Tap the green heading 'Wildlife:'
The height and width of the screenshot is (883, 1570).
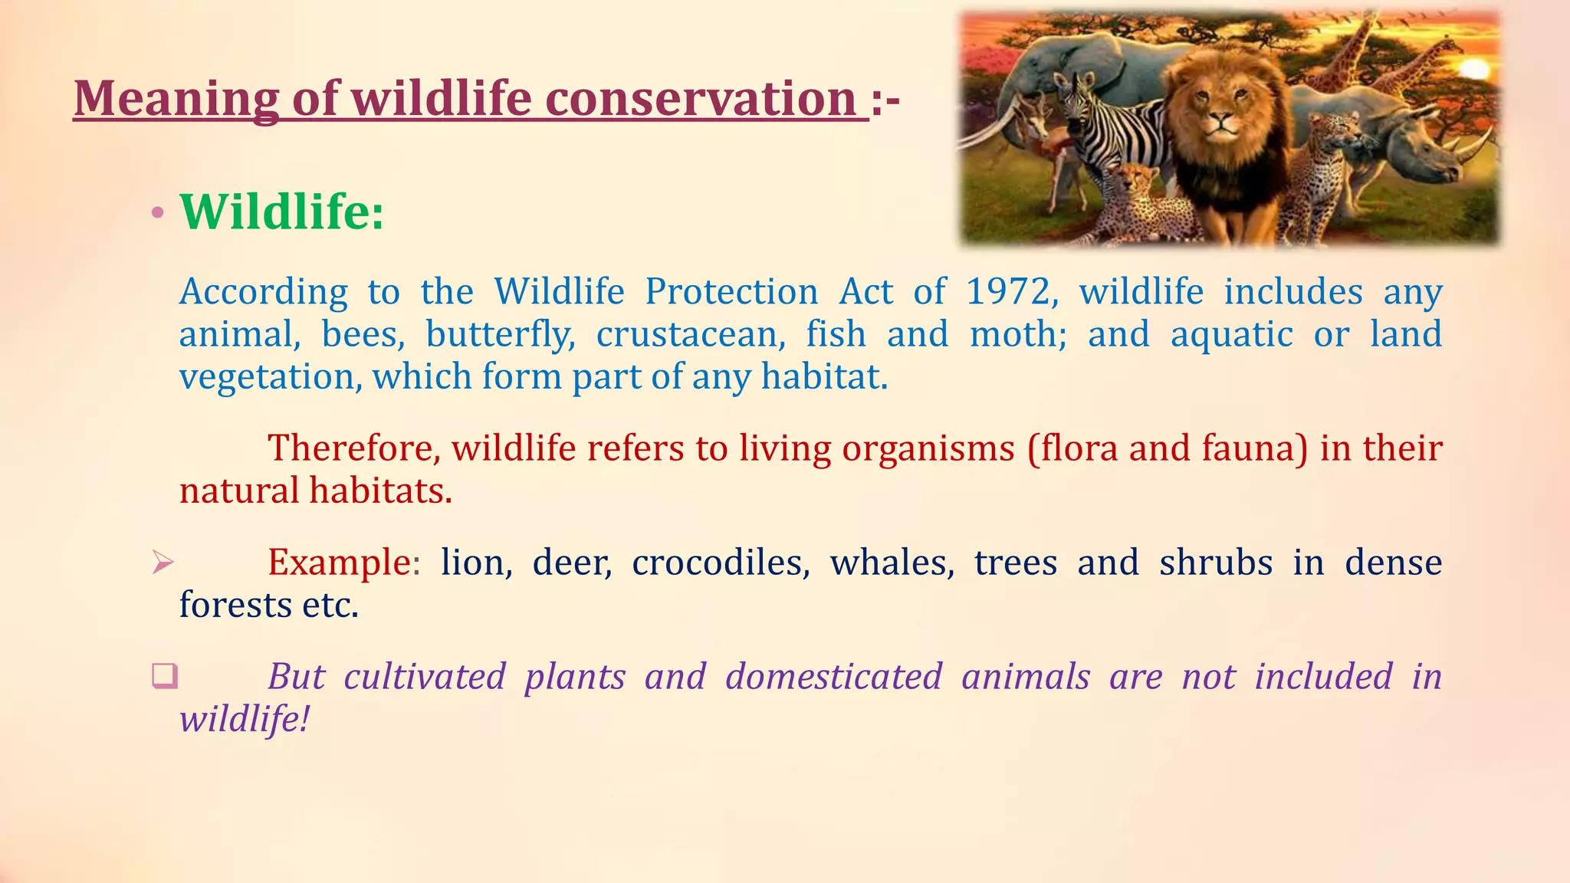[281, 212]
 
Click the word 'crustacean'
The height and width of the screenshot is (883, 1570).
[691, 335]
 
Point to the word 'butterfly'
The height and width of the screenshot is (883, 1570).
[500, 335]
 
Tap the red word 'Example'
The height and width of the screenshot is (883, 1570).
[339, 563]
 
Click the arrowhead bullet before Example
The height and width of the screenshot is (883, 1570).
[163, 563]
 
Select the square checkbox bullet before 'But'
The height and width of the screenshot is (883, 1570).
[164, 676]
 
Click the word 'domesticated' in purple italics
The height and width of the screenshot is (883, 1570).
[833, 677]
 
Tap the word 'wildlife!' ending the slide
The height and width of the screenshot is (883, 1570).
[245, 720]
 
